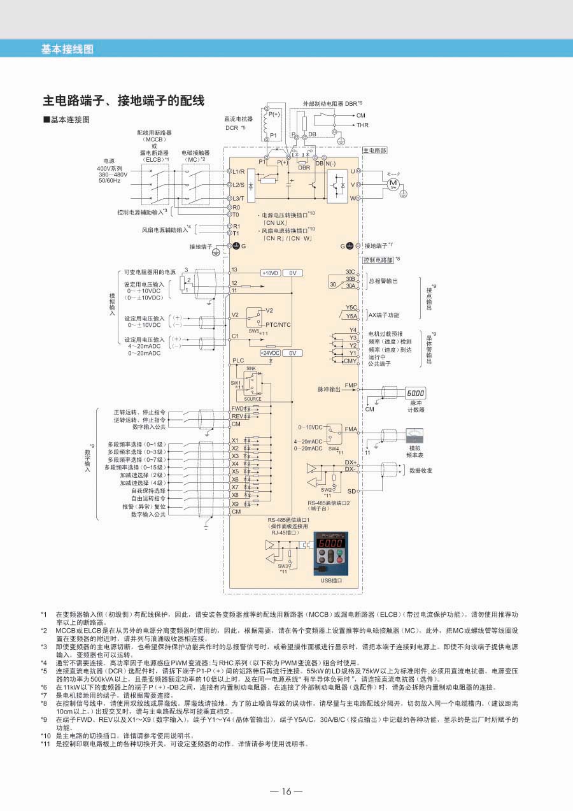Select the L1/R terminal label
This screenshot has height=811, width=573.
pos(239,172)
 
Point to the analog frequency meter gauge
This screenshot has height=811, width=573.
pos(414,436)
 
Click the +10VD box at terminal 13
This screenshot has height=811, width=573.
pos(271,272)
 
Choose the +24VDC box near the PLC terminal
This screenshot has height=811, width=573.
pos(271,352)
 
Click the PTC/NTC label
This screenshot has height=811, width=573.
pos(278,324)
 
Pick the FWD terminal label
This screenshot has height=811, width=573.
pos(238,408)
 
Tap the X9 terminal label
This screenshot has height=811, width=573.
pos(235,504)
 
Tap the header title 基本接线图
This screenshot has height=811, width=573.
pos(67,48)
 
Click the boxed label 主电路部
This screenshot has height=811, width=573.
pos(374,150)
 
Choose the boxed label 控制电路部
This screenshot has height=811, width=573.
pos(378,260)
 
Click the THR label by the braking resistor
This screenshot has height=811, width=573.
pos(362,126)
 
